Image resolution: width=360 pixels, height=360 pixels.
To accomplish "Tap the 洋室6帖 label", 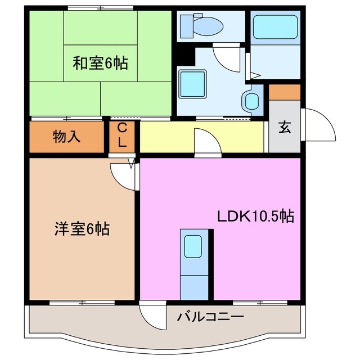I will coord(82,229).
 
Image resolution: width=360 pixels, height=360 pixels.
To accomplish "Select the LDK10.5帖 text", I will coord(256,217).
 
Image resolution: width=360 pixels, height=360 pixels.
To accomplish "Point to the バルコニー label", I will coord(210,317).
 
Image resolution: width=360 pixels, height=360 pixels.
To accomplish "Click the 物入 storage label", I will coord(66,136).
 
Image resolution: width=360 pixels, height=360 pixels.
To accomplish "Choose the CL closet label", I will coord(123,137).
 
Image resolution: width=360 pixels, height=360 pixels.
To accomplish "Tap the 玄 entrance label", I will coord(285,127).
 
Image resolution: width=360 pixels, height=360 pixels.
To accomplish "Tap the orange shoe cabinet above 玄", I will coord(284,92).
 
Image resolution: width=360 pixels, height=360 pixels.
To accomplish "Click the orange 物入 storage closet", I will coord(66,137).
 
